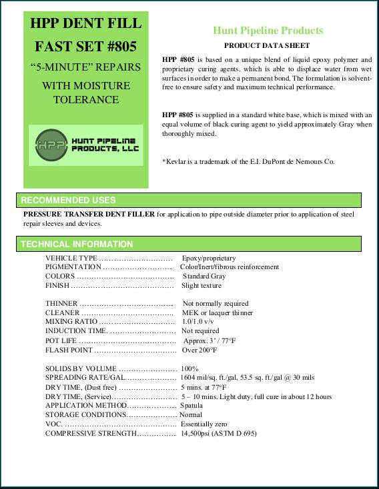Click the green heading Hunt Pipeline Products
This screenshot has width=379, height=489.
coord(268,31)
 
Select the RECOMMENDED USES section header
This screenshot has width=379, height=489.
coord(69,200)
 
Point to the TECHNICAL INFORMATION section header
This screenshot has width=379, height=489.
coord(77,244)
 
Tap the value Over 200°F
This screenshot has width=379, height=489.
coord(200,350)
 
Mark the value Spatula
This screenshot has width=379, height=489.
coord(192,405)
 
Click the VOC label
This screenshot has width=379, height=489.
coord(53,424)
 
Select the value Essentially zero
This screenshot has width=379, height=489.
coord(204,424)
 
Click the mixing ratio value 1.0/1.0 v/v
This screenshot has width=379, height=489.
coord(201,322)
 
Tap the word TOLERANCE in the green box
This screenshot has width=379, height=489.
coord(86,100)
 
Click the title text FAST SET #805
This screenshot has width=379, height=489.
coord(86,47)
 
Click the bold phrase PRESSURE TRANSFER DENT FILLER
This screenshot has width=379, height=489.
coord(89,215)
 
